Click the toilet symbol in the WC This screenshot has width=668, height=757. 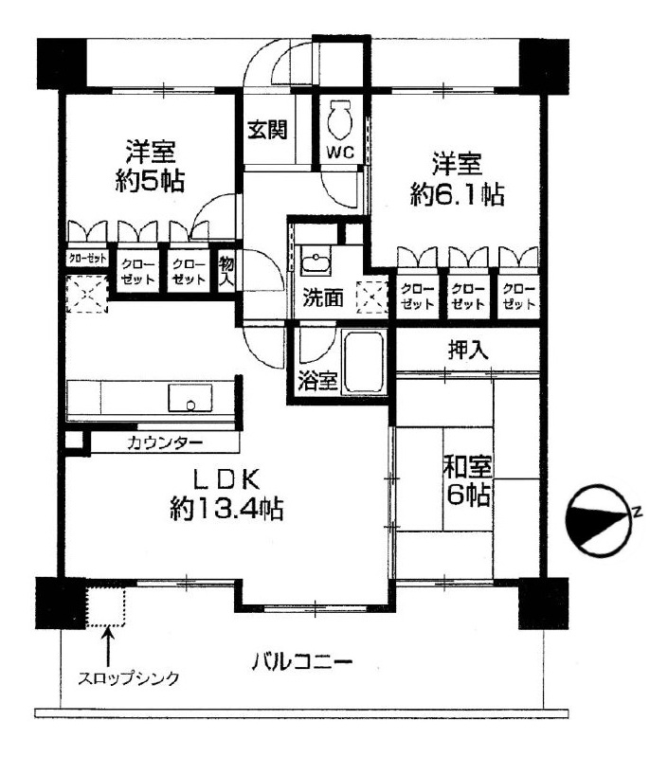tap(341, 119)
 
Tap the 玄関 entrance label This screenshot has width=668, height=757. tap(267, 130)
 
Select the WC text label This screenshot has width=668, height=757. tap(341, 153)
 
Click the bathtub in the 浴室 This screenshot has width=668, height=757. tap(365, 362)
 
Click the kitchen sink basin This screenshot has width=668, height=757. tap(190, 398)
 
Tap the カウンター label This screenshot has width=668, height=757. tap(165, 442)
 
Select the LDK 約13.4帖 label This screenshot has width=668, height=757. tap(226, 495)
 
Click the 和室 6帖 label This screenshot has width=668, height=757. tap(468, 481)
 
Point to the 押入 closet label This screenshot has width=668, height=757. tap(467, 350)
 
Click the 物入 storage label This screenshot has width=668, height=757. tap(226, 271)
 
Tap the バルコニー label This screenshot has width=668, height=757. tap(302, 661)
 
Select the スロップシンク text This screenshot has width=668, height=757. tap(128, 678)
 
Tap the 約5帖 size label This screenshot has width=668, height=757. tap(150, 182)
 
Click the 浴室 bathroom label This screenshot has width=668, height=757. tap(317, 381)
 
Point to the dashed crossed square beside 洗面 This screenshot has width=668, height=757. tap(371, 297)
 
